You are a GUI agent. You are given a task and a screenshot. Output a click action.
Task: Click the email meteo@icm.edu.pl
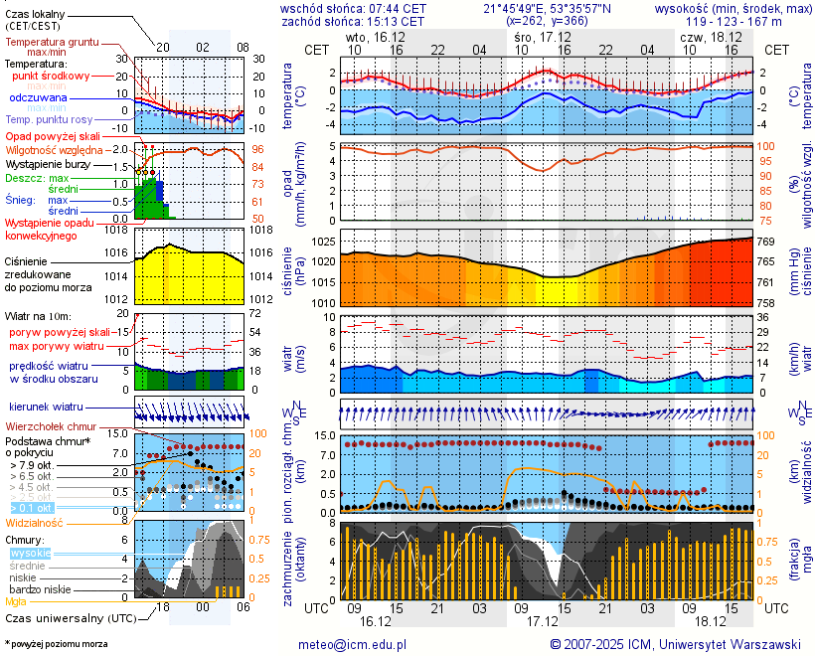click(353, 644)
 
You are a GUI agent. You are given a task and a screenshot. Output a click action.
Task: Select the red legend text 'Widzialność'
click(35, 522)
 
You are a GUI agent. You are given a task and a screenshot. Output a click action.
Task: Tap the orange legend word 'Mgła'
click(16, 601)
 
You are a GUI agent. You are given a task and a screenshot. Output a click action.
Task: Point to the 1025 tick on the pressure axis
click(321, 243)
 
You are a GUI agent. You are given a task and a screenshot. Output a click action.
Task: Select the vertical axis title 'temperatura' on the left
click(288, 96)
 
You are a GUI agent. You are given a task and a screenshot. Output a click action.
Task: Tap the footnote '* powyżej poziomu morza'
click(56, 644)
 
